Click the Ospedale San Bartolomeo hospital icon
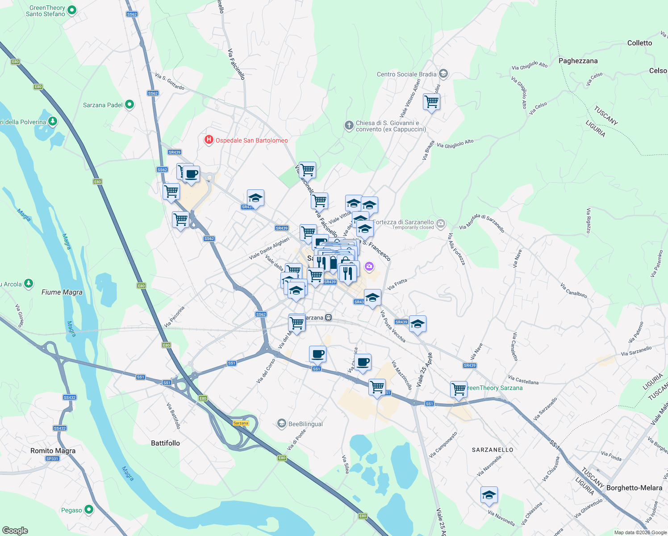coord(209,140)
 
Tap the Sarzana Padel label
coord(103,105)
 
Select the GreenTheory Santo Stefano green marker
coord(73,10)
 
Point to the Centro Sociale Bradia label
coord(406,74)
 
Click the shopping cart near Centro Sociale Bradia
coord(431,102)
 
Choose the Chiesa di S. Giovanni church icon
coord(349,126)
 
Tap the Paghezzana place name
coord(578,61)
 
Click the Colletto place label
coord(639,43)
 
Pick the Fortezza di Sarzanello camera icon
coord(441,223)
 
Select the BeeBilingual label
coord(305,424)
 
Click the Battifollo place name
coord(165,443)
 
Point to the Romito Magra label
coord(53,451)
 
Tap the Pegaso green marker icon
coord(89,510)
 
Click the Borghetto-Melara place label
coord(634,488)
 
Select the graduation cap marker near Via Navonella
coord(489,495)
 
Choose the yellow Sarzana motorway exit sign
coord(241,423)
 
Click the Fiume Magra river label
coord(62,292)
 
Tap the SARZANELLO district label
coord(493,450)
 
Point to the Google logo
coord(15,531)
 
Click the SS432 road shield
coord(69,397)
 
